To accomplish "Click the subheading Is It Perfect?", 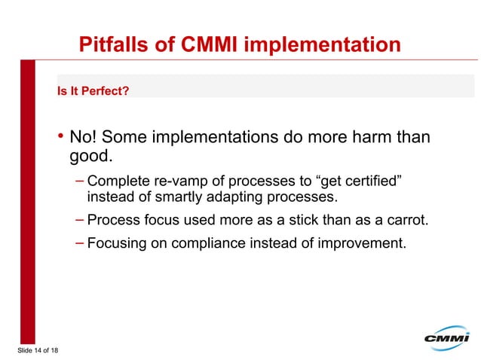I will [x=93, y=92].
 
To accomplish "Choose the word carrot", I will [x=406, y=221].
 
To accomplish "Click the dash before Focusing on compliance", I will [x=80, y=243].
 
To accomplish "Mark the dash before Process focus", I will [x=80, y=220].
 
